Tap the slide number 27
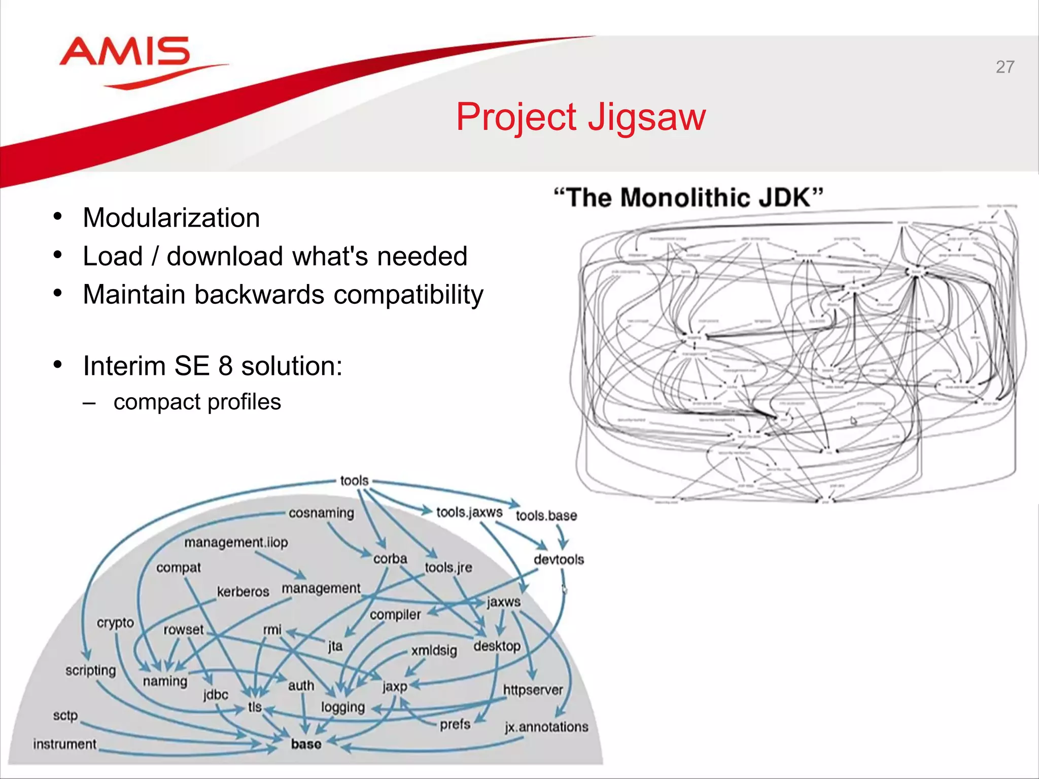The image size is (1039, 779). click(1005, 67)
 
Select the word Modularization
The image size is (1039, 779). click(171, 218)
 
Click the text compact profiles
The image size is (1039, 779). click(197, 402)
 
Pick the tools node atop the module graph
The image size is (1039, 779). click(354, 480)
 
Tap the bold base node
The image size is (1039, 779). click(306, 744)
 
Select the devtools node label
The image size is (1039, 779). click(559, 559)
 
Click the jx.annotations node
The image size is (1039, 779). click(546, 727)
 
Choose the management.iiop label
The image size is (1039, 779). click(236, 542)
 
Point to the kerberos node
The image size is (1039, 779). click(243, 592)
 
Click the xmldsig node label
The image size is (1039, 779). click(434, 650)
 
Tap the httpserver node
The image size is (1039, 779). click(533, 690)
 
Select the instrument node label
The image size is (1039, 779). click(64, 744)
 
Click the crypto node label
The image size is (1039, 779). click(115, 623)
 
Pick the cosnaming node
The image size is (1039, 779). click(321, 513)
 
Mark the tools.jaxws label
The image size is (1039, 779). click(469, 512)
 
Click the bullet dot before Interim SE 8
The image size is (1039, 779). click(58, 365)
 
